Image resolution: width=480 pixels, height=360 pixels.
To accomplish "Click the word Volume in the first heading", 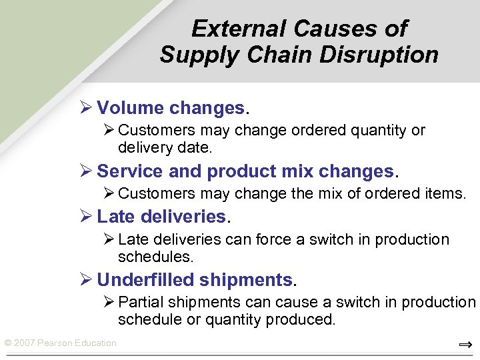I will pos(130,108).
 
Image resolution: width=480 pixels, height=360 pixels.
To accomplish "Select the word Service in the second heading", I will pos(130,171).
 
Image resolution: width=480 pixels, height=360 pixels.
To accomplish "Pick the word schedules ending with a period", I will pos(155,256).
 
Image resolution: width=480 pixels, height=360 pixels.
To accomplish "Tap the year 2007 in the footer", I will pos(24,343).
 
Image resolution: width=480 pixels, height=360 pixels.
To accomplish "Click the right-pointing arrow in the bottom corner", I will pos(465,345).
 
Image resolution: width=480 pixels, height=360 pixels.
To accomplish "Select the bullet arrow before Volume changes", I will pos(85,108).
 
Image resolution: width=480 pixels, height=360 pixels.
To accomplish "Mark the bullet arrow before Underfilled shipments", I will pos(85,279).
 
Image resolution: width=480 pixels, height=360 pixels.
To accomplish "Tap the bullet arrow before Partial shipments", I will pos(109,302).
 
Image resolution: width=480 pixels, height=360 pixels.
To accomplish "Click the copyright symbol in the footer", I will pos(8,343).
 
